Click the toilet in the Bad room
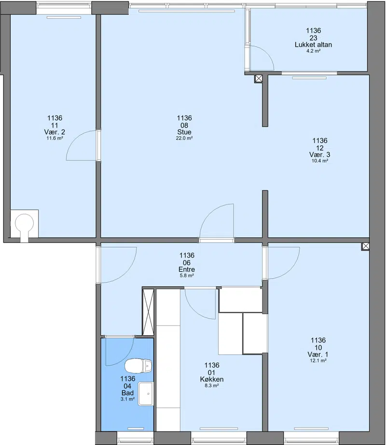click(138, 366)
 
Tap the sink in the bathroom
click(146, 393)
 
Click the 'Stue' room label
click(184, 132)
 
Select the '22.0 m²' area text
click(184, 138)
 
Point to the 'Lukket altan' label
click(314, 44)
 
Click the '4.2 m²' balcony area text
click(314, 51)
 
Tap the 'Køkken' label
click(212, 379)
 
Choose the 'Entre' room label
click(187, 269)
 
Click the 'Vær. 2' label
click(55, 132)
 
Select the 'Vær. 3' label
click(320, 155)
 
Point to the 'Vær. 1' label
click(318, 355)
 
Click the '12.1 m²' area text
click(318, 361)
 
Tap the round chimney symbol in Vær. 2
click(25, 223)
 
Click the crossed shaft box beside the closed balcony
click(259, 79)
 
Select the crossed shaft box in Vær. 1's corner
click(366, 246)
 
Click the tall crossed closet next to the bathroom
click(148, 312)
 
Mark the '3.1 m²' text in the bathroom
click(127, 399)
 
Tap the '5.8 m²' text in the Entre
click(187, 275)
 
